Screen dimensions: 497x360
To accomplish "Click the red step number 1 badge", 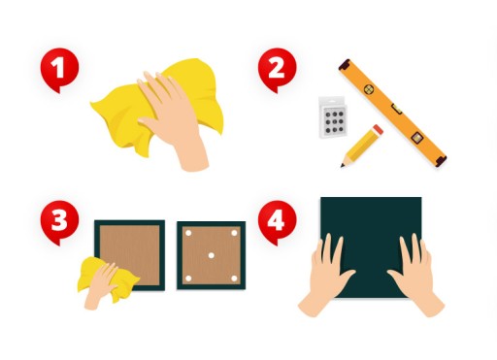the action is (59, 69).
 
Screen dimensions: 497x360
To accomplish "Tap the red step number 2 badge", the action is (277, 69).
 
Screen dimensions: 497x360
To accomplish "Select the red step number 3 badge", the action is (59, 221).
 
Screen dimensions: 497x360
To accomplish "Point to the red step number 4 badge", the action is (277, 221).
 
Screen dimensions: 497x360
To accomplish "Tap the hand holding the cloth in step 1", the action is (175, 119).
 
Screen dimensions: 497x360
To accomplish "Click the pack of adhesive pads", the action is (334, 117).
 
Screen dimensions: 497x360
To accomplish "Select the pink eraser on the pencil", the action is (378, 129).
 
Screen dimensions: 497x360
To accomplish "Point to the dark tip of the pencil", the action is (343, 166).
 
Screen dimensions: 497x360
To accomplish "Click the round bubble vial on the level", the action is (369, 89).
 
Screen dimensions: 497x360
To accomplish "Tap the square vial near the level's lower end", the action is (416, 138).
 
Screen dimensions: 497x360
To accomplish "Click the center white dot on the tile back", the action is (211, 255).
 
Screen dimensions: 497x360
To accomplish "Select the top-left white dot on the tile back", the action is (188, 233).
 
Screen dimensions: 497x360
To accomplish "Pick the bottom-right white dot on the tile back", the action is (234, 278).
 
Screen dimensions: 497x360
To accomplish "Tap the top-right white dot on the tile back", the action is (234, 233).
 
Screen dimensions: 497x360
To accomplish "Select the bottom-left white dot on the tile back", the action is (188, 278).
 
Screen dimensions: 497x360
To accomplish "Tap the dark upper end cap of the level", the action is (345, 64).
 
